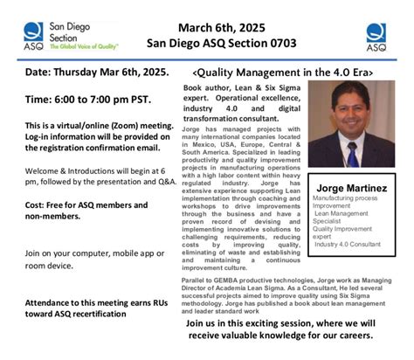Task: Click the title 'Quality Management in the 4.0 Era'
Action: coord(279,72)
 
